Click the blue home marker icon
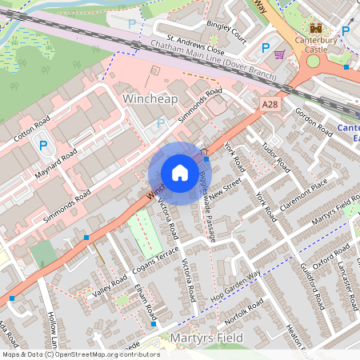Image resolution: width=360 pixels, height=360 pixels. click(180, 173)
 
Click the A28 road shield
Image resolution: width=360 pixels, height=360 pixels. click(270, 104)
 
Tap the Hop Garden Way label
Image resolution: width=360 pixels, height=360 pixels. click(236, 286)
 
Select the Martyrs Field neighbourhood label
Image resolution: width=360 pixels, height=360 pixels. click(206, 339)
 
